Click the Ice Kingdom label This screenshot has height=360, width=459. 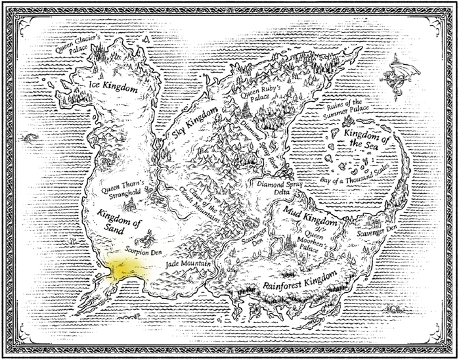tap(114, 88)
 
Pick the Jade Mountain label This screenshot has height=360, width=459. tap(188, 263)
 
